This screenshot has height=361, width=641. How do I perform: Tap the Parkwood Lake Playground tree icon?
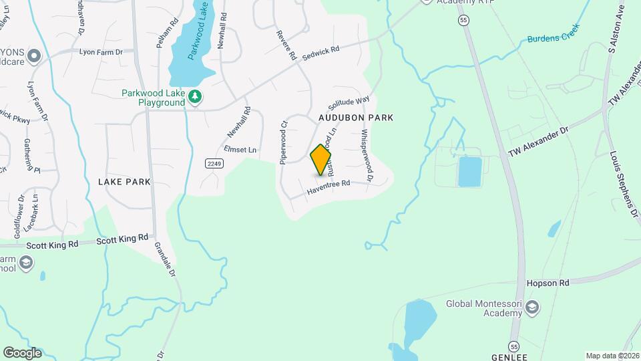(195, 97)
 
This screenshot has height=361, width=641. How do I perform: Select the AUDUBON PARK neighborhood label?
(355, 118)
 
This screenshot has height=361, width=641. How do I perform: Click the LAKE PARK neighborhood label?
(124, 182)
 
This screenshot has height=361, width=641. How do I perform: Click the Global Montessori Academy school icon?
(532, 308)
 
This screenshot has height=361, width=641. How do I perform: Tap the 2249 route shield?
(214, 163)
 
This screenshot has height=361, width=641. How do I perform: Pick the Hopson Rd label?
(548, 283)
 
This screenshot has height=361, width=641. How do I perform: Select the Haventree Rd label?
(329, 189)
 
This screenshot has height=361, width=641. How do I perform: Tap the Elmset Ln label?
(240, 150)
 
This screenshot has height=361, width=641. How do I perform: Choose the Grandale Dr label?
(165, 259)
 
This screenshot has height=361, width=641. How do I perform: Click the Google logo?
(22, 352)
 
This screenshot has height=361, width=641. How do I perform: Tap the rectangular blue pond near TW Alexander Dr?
(470, 172)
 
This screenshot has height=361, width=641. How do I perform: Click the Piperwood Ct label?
(284, 142)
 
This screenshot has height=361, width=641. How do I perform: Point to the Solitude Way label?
(349, 104)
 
